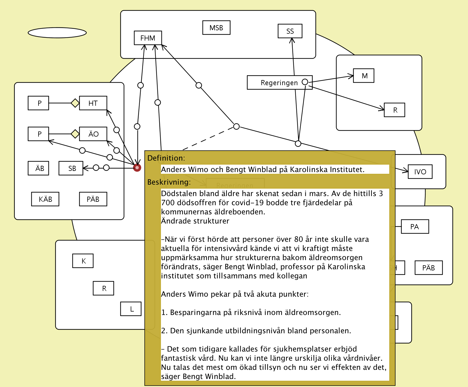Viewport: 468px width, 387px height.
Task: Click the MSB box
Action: point(216,28)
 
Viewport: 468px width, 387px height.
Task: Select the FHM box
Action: point(148,38)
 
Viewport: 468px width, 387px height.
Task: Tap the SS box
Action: point(290,31)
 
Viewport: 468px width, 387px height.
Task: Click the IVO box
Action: point(420,172)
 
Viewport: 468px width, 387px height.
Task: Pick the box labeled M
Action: point(364,76)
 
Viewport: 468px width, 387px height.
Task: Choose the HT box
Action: point(93,103)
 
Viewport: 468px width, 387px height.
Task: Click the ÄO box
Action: point(93,134)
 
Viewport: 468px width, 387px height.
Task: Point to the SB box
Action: point(71,168)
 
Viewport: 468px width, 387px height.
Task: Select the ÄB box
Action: point(38,168)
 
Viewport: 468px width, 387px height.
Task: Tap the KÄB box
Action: point(45,199)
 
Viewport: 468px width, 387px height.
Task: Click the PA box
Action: point(415,227)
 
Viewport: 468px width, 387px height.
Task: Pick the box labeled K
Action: point(83,261)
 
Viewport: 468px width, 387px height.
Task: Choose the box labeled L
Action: point(131,309)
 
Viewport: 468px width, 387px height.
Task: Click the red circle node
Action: point(137,168)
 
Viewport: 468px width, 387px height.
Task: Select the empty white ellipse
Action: point(57,33)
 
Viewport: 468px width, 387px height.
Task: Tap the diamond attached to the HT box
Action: point(75,103)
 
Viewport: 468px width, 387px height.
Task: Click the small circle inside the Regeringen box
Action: point(305,82)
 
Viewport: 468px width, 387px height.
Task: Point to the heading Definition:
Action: point(166,158)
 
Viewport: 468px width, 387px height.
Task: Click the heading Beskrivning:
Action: point(169,182)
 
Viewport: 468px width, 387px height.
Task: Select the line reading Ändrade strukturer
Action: point(195,221)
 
